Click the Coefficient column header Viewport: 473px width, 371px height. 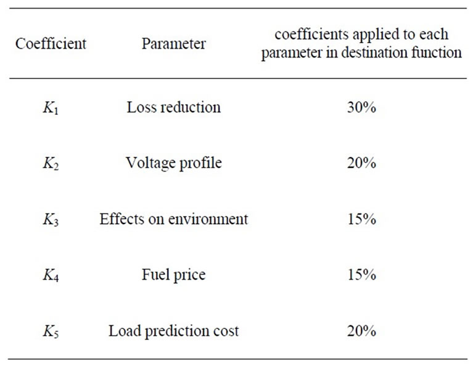pos(51,44)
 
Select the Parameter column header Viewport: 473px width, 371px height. pos(173,44)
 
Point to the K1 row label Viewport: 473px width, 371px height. pos(51,108)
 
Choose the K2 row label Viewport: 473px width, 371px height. pos(51,164)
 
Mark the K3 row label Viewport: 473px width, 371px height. pos(51,220)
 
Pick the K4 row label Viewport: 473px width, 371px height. pos(51,275)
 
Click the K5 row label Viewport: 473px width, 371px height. pos(51,331)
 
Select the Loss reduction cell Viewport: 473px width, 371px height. pos(173,107)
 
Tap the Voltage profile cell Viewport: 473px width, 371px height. pos(173,163)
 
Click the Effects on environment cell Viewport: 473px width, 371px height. pos(173,219)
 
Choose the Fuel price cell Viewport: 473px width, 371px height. pos(173,275)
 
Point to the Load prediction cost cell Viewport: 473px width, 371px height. pos(173,331)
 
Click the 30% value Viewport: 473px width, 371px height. pos(361,107)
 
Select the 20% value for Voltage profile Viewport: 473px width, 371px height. pos(361,163)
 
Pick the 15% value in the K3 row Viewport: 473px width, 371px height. pos(361,219)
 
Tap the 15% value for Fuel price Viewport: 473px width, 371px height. pos(361,275)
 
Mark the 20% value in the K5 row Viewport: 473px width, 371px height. pos(361,331)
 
